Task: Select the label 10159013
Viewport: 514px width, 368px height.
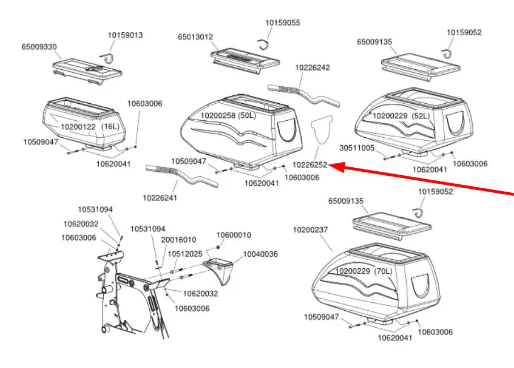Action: [125, 35]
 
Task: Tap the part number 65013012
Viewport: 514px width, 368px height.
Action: [195, 37]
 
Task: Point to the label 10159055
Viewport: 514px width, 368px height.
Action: [283, 23]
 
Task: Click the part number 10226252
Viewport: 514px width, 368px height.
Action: [310, 165]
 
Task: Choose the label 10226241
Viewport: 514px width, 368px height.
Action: [159, 197]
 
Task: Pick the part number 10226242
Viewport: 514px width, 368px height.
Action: [312, 67]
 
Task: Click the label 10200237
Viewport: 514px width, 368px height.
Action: [310, 230]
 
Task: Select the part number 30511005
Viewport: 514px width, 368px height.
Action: [357, 148]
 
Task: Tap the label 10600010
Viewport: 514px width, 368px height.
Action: [234, 235]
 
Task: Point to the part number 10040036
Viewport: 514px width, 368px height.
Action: [260, 254]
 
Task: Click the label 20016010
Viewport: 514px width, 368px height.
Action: [179, 240]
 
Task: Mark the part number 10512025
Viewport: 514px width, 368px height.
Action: [184, 253]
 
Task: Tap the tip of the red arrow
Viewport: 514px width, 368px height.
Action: [330, 167]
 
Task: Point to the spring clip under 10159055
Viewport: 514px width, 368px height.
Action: [264, 46]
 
